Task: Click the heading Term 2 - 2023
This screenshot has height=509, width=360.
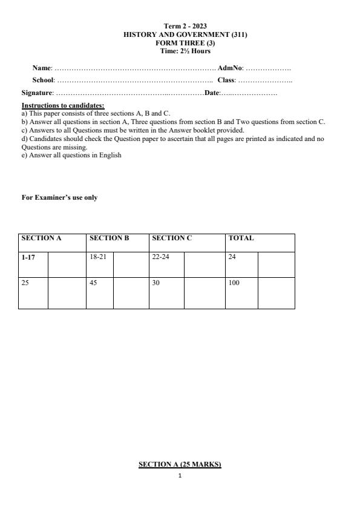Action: [185, 27]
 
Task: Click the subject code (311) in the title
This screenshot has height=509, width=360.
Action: [238, 35]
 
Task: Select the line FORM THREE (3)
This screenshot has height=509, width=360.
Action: [185, 43]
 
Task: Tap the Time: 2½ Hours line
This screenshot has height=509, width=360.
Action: [185, 51]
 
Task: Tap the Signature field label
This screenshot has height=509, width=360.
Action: [37, 93]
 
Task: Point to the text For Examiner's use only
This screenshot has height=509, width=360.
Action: [59, 198]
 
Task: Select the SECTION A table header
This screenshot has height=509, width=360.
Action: [42, 238]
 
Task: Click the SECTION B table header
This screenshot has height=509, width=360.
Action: [110, 238]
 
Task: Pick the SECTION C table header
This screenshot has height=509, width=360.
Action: [172, 238]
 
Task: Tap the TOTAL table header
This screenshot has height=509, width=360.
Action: [241, 238]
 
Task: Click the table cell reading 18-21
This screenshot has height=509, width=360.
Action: [97, 257]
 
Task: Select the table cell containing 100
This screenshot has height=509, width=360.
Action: [234, 283]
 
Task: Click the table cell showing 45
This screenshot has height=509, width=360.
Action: [94, 283]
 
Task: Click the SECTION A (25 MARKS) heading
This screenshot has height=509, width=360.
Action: [180, 465]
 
